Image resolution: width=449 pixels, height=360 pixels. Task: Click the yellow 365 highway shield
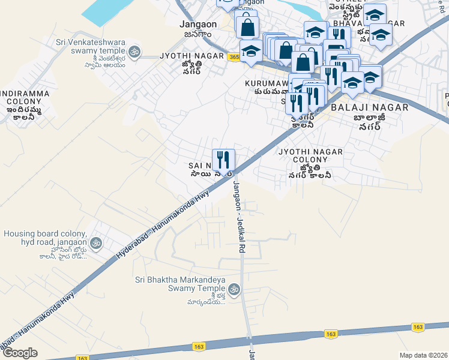234,56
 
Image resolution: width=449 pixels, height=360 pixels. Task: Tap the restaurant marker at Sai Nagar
223,160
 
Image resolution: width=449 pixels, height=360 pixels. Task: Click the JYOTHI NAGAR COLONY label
310,156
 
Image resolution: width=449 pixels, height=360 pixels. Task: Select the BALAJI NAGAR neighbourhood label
369,107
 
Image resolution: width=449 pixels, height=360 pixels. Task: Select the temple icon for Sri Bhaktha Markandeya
235,290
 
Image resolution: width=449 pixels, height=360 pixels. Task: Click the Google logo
20,352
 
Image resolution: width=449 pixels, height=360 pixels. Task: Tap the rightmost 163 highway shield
418,327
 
